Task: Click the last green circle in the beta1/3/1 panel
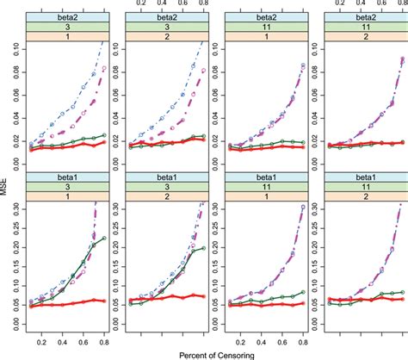point(104,239)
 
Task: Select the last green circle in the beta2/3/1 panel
point(104,135)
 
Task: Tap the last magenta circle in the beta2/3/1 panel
point(104,68)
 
